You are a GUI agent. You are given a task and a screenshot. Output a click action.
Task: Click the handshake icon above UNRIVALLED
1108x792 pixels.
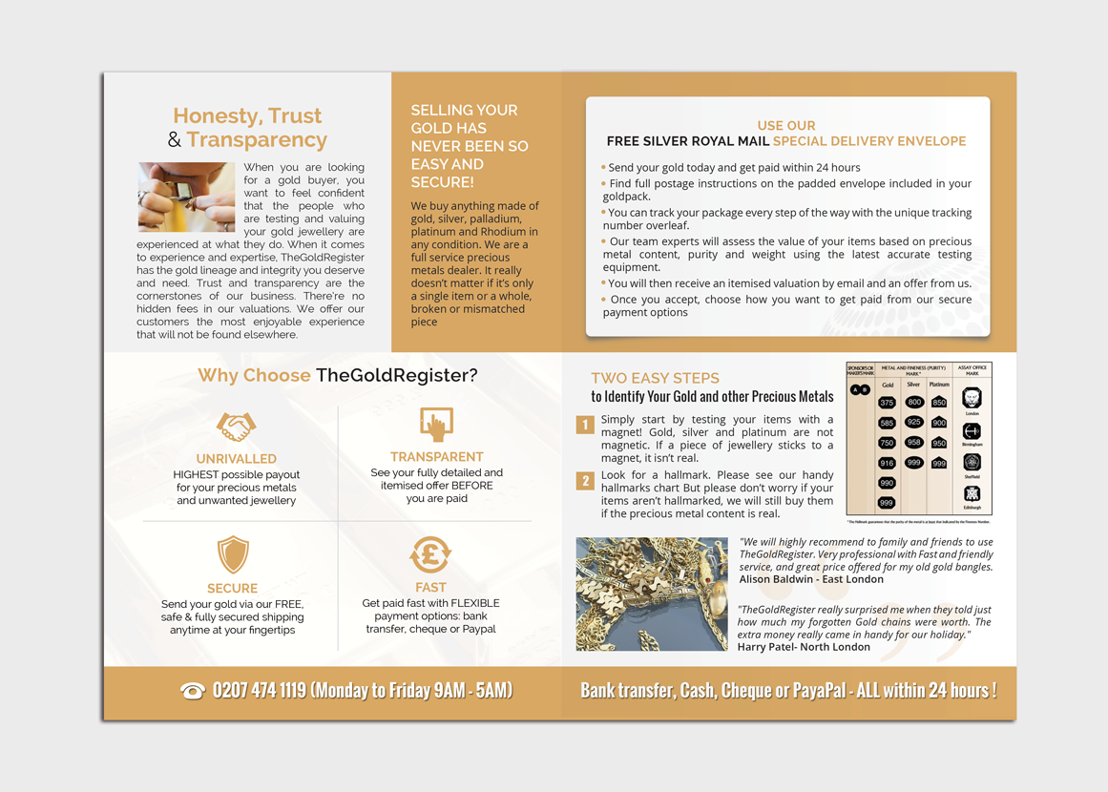click(236, 426)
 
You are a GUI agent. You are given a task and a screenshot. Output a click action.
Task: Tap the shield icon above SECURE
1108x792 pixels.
click(233, 554)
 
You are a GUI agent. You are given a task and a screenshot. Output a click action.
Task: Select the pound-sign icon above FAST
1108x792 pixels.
click(430, 554)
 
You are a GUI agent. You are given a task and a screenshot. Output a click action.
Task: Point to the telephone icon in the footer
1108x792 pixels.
click(192, 691)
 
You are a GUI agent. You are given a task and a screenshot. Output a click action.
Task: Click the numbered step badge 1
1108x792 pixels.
click(585, 425)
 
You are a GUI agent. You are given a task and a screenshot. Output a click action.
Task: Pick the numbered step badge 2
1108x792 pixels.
click(585, 480)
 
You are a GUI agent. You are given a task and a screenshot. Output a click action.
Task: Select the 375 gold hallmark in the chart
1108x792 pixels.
click(887, 403)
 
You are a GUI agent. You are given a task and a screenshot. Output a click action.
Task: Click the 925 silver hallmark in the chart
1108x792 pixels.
click(914, 422)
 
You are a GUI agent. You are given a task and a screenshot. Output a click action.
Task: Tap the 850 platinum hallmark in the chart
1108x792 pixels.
click(939, 403)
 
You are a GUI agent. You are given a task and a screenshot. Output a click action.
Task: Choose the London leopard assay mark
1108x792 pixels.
click(972, 397)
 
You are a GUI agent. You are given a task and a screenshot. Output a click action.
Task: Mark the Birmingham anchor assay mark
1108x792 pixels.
click(972, 431)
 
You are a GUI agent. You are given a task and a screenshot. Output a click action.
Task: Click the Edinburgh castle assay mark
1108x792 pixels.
click(972, 493)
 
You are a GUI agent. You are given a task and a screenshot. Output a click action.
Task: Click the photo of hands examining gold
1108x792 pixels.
click(186, 197)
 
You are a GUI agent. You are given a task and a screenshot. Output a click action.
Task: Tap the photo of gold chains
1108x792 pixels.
click(652, 594)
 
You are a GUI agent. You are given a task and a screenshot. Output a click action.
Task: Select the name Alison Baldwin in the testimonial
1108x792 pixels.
click(777, 579)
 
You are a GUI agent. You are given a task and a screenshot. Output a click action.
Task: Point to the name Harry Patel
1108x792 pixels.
click(768, 647)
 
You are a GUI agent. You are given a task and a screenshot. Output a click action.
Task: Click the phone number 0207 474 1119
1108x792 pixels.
click(259, 690)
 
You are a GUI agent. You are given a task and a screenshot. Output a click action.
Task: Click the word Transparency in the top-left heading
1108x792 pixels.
click(257, 140)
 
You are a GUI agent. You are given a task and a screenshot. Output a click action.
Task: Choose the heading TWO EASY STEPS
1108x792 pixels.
click(655, 378)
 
